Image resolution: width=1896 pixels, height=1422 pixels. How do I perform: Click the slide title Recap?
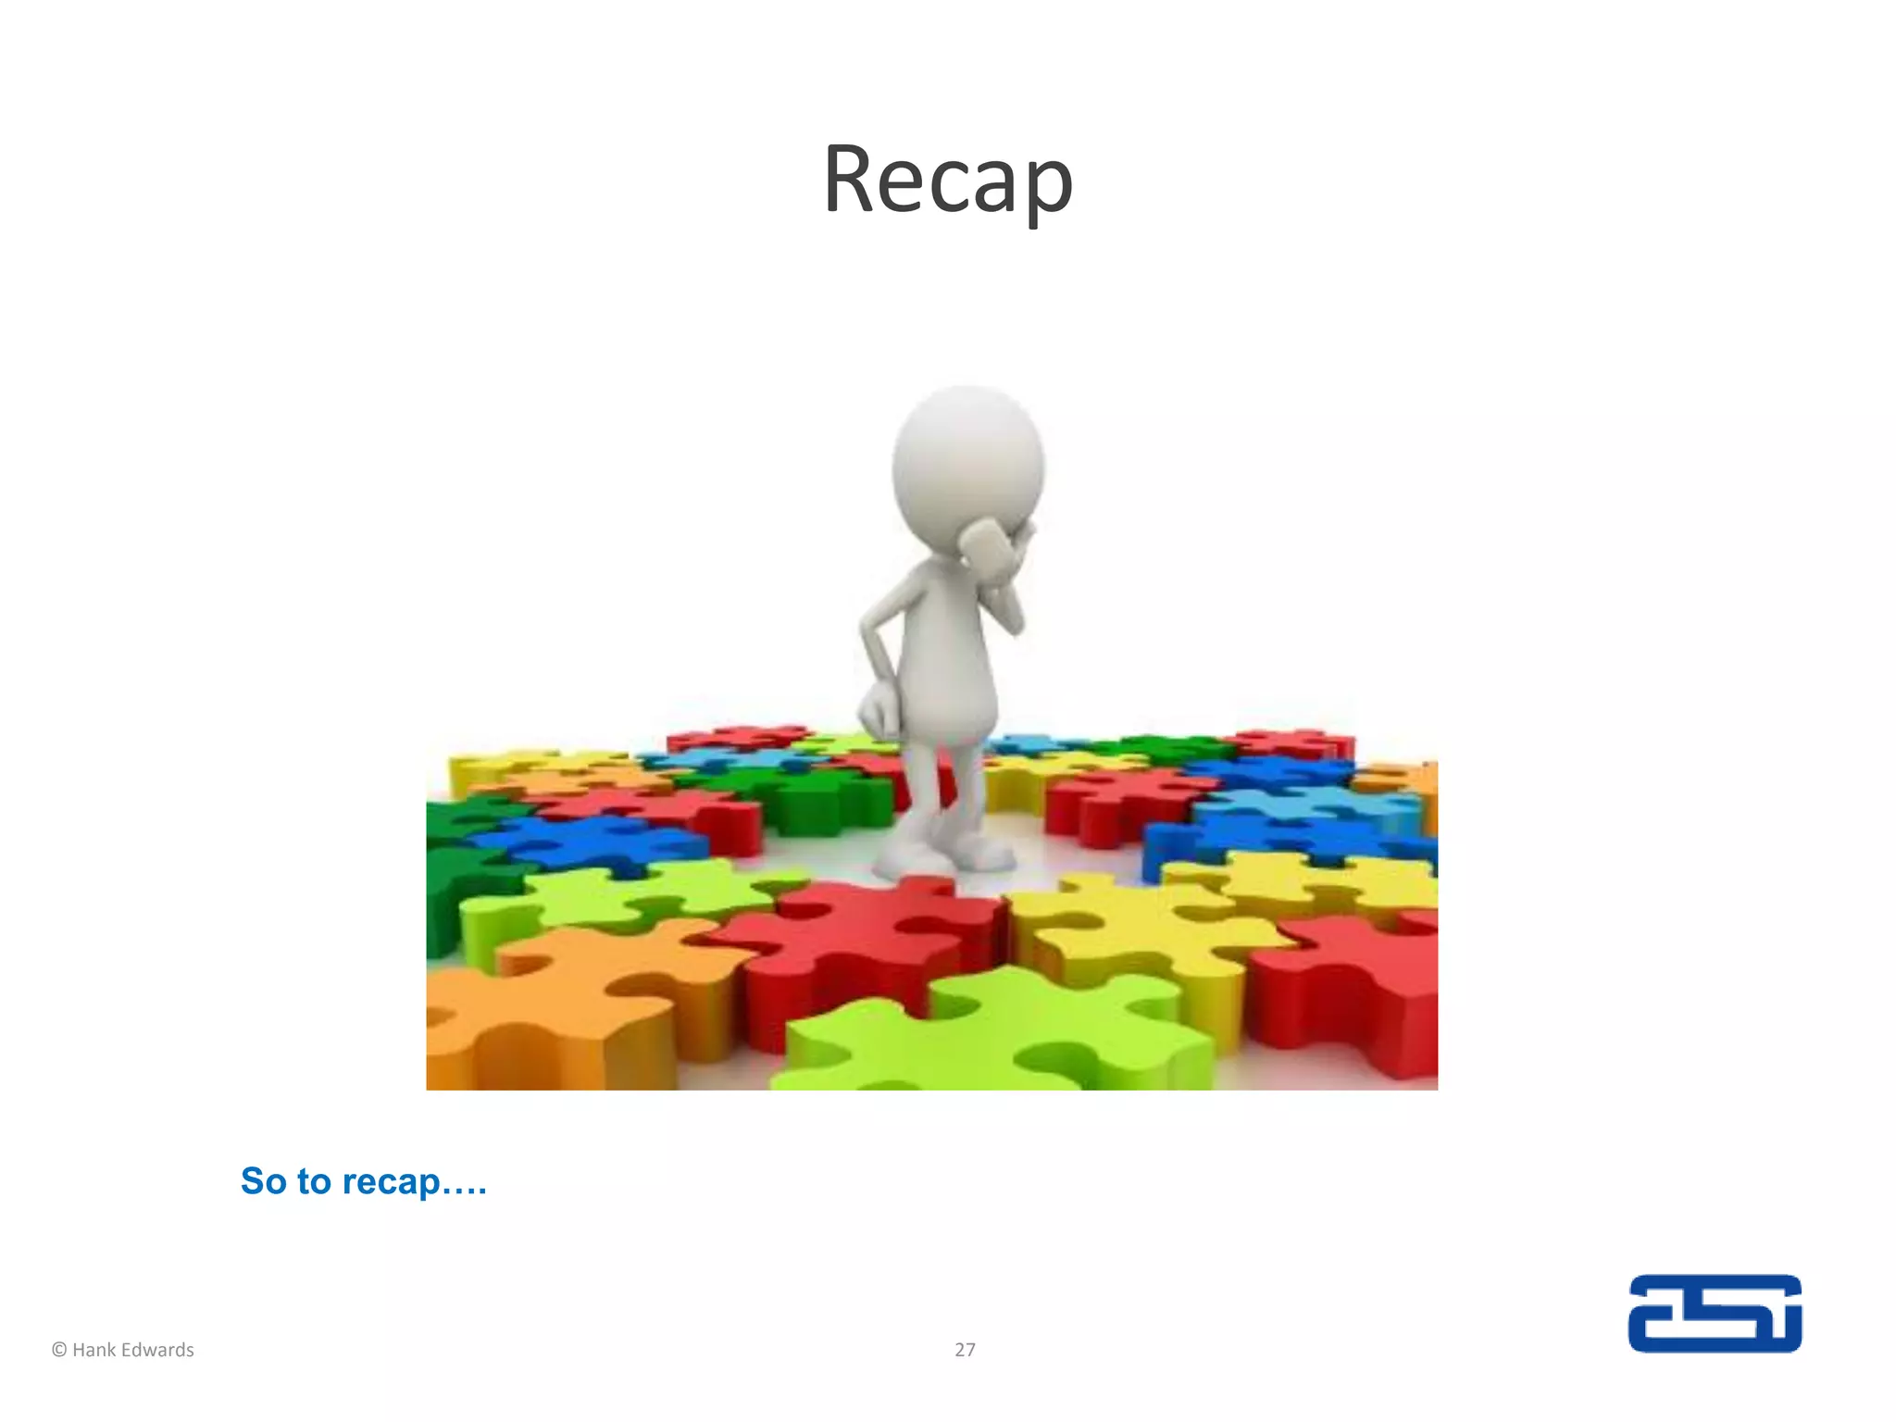click(x=947, y=181)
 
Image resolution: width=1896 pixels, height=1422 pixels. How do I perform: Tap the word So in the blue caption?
click(x=264, y=1181)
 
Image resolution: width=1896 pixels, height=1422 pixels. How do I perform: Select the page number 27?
click(x=965, y=1350)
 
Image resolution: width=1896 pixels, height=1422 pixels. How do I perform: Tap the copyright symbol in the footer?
click(x=59, y=1350)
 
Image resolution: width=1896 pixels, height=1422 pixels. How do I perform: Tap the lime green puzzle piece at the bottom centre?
click(x=1000, y=1037)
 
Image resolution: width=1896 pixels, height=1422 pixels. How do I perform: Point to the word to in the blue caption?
click(x=314, y=1181)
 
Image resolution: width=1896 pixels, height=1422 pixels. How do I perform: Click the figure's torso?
click(x=949, y=648)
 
